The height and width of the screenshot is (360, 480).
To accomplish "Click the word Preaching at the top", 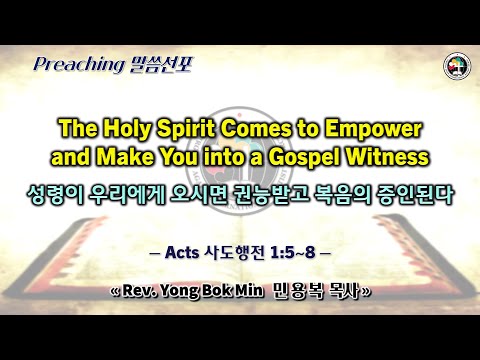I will click(x=75, y=66).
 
